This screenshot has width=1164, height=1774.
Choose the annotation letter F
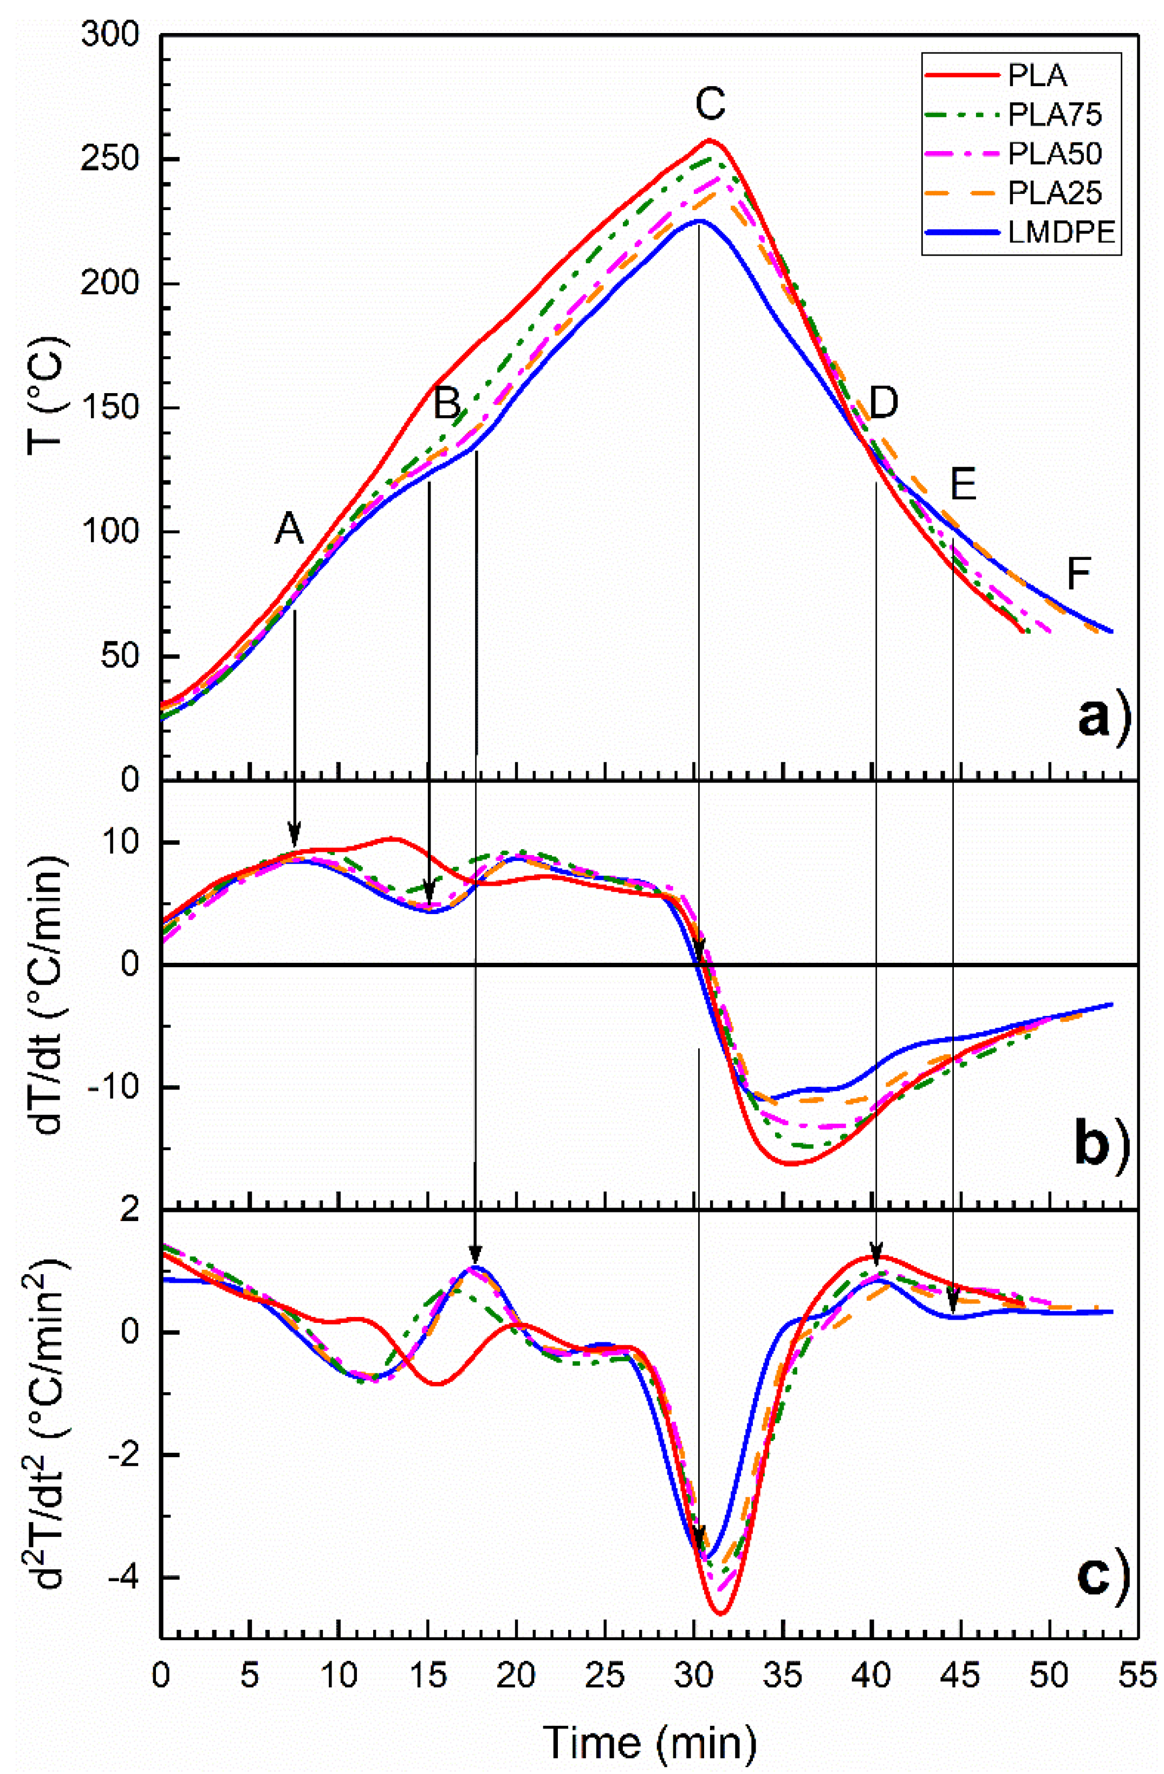pos(1077,574)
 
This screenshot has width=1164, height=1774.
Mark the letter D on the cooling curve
pos(883,402)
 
